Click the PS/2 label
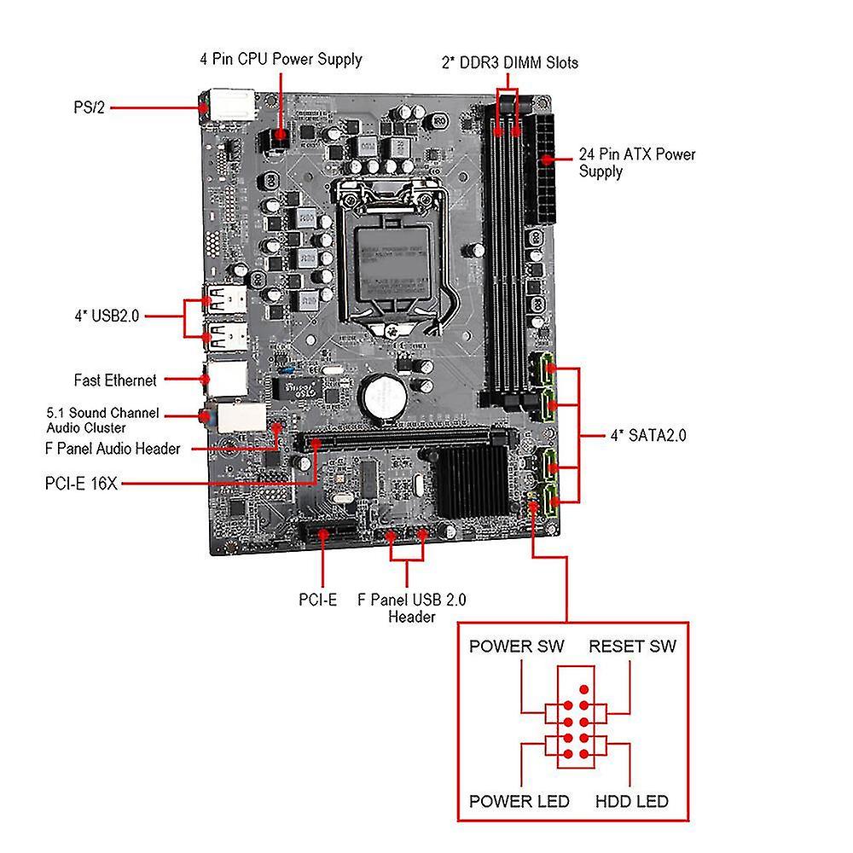click(90, 108)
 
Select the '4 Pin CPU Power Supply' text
click(281, 59)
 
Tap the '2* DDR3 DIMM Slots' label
click(510, 62)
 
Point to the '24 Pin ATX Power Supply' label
click(637, 163)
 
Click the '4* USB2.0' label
click(106, 316)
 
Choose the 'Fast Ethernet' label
click(115, 380)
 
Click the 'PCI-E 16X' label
click(81, 484)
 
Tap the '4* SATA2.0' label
click(648, 436)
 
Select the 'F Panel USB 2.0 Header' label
click(412, 608)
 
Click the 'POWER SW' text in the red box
click(516, 646)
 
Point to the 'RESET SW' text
click(632, 646)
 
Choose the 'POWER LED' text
click(519, 801)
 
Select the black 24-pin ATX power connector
click(540, 171)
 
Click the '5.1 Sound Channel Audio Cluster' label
click(103, 420)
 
